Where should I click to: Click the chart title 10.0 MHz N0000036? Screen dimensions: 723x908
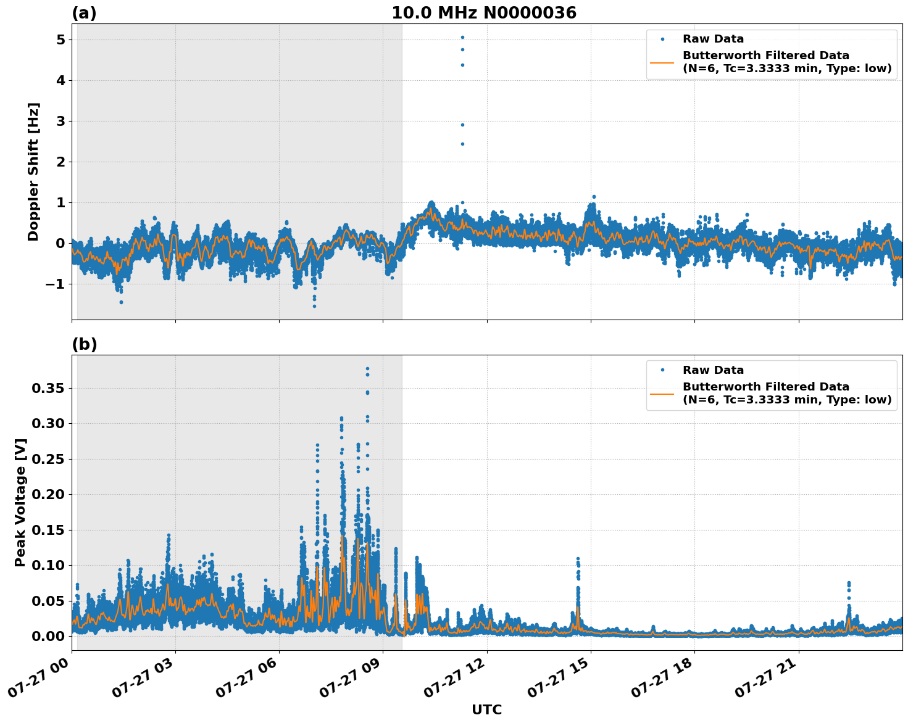click(483, 13)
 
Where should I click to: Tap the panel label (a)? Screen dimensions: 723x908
click(84, 13)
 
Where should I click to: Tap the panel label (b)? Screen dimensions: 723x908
click(84, 344)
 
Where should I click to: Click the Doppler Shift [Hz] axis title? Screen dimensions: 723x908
click(33, 171)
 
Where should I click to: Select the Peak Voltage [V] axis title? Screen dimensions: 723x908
click(20, 502)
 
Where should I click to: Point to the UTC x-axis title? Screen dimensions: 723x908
click(486, 709)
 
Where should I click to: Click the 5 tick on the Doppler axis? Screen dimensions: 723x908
click(60, 40)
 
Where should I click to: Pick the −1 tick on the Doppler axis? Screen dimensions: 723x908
click(56, 284)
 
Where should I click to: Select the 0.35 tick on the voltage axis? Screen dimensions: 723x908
click(48, 388)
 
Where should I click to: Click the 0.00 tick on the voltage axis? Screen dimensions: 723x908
click(48, 636)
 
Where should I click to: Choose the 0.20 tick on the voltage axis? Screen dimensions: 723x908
click(48, 494)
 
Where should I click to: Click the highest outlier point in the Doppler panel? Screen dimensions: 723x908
click(462, 37)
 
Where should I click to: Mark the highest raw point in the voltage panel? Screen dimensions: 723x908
click(367, 368)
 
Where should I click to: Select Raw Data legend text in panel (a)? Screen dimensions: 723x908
click(713, 39)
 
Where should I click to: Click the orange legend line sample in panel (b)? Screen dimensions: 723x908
click(662, 394)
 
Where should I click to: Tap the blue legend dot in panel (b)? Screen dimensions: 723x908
click(662, 370)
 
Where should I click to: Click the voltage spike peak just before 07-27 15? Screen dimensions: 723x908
click(578, 558)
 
